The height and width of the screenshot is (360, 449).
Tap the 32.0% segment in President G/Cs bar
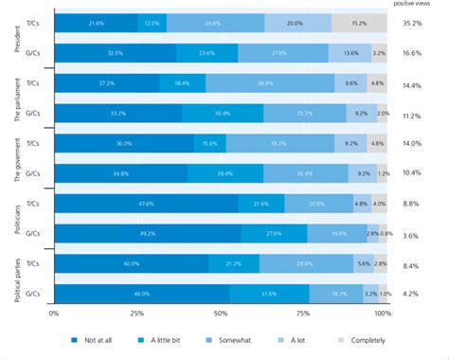[x=116, y=54]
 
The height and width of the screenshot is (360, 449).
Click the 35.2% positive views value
[x=413, y=23]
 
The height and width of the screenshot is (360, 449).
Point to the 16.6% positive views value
[x=413, y=54]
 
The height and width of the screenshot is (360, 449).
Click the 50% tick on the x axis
[x=220, y=313]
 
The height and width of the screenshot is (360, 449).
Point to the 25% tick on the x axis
[x=136, y=313]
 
